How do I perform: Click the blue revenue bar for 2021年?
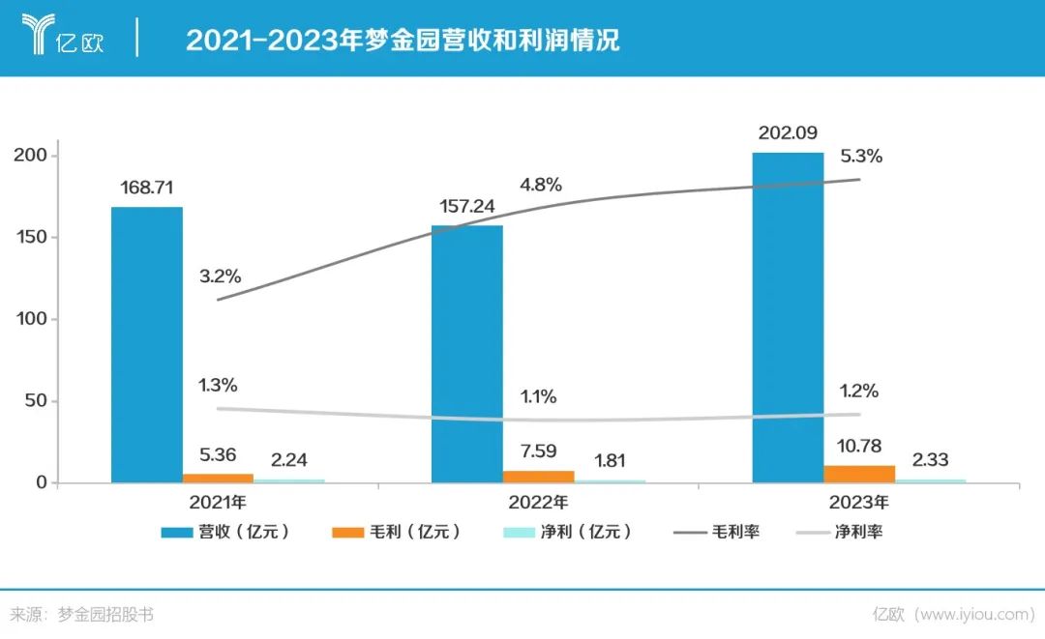coord(146,344)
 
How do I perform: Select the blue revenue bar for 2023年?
coord(788,317)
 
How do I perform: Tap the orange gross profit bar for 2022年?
coord(538,476)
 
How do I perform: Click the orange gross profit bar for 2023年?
coord(859,473)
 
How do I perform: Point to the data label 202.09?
coord(788,132)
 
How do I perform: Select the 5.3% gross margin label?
coord(861,157)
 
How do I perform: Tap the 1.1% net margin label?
coord(539,396)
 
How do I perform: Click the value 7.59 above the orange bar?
coord(538,452)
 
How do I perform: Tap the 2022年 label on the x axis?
coord(539,503)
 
